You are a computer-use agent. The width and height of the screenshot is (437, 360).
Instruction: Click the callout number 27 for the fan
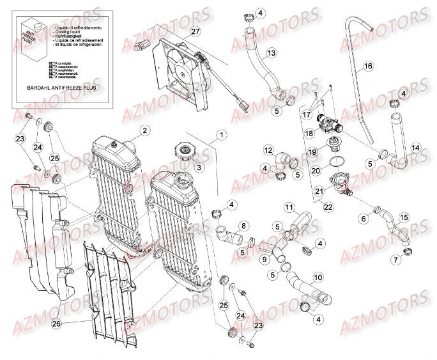point(195,32)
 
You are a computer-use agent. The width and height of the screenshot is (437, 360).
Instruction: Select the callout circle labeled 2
point(145,130)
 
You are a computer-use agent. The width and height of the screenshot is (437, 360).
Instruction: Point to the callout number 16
point(367,66)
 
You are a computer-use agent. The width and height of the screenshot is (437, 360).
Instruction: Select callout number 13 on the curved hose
point(271,52)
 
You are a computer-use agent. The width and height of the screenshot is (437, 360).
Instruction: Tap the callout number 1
point(221,135)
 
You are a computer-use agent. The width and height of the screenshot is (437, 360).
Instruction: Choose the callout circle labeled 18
point(309,134)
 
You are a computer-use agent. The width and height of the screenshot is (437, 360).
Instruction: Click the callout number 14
point(415,148)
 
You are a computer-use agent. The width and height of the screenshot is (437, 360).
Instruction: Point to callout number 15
point(403,217)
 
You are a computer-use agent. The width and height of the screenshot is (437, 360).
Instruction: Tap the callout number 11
point(288,207)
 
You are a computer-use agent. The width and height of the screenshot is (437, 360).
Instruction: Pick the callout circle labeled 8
point(244,225)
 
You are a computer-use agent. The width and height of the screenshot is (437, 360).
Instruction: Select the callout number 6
point(364,219)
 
